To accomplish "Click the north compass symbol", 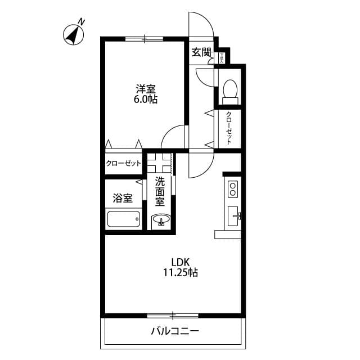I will (74, 34).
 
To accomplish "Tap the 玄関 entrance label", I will (201, 53).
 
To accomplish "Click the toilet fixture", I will (229, 91).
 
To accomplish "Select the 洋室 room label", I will (145, 88).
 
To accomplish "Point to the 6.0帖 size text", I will (145, 100).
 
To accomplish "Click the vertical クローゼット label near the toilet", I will (229, 128).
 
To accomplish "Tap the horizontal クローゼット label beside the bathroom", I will (123, 164).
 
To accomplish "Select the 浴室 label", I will (123, 198).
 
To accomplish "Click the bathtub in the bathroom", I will (123, 219).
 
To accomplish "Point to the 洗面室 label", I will (160, 191).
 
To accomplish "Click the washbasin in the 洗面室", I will (161, 220).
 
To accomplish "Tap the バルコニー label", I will (174, 331).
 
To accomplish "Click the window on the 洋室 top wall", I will (144, 39).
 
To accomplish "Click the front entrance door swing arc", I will (201, 25).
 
